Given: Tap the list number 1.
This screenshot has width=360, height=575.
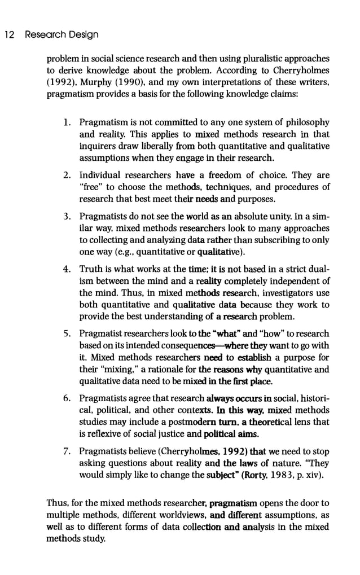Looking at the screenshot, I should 66,122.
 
